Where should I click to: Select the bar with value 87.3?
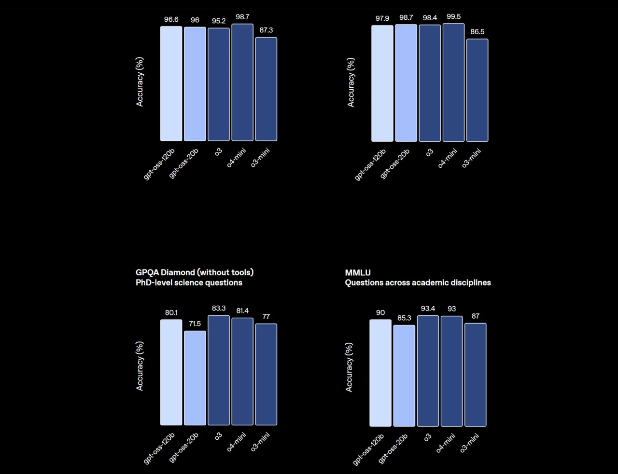pyautogui.click(x=266, y=89)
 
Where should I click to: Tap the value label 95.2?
pyautogui.click(x=219, y=21)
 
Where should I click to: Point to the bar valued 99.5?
pyautogui.click(x=453, y=82)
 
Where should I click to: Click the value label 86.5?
pyautogui.click(x=478, y=32)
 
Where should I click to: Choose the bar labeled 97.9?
pyautogui.click(x=382, y=83)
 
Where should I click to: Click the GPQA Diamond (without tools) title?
pyautogui.click(x=195, y=272)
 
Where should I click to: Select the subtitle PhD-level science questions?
pyautogui.click(x=189, y=283)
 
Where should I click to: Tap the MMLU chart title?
pyautogui.click(x=358, y=272)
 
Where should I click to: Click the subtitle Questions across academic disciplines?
pyautogui.click(x=418, y=283)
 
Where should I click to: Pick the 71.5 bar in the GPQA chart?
pyautogui.click(x=195, y=378)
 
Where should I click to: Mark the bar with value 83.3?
pyautogui.click(x=219, y=370)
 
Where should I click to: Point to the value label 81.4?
pyautogui.click(x=242, y=311)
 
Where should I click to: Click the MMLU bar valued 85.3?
pyautogui.click(x=404, y=376)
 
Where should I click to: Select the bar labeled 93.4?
pyautogui.click(x=428, y=371)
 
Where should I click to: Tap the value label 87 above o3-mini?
pyautogui.click(x=476, y=316)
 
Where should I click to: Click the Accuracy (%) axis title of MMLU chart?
pyautogui.click(x=349, y=367)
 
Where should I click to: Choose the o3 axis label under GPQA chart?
pyautogui.click(x=219, y=436)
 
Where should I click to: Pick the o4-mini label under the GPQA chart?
pyautogui.click(x=237, y=442)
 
